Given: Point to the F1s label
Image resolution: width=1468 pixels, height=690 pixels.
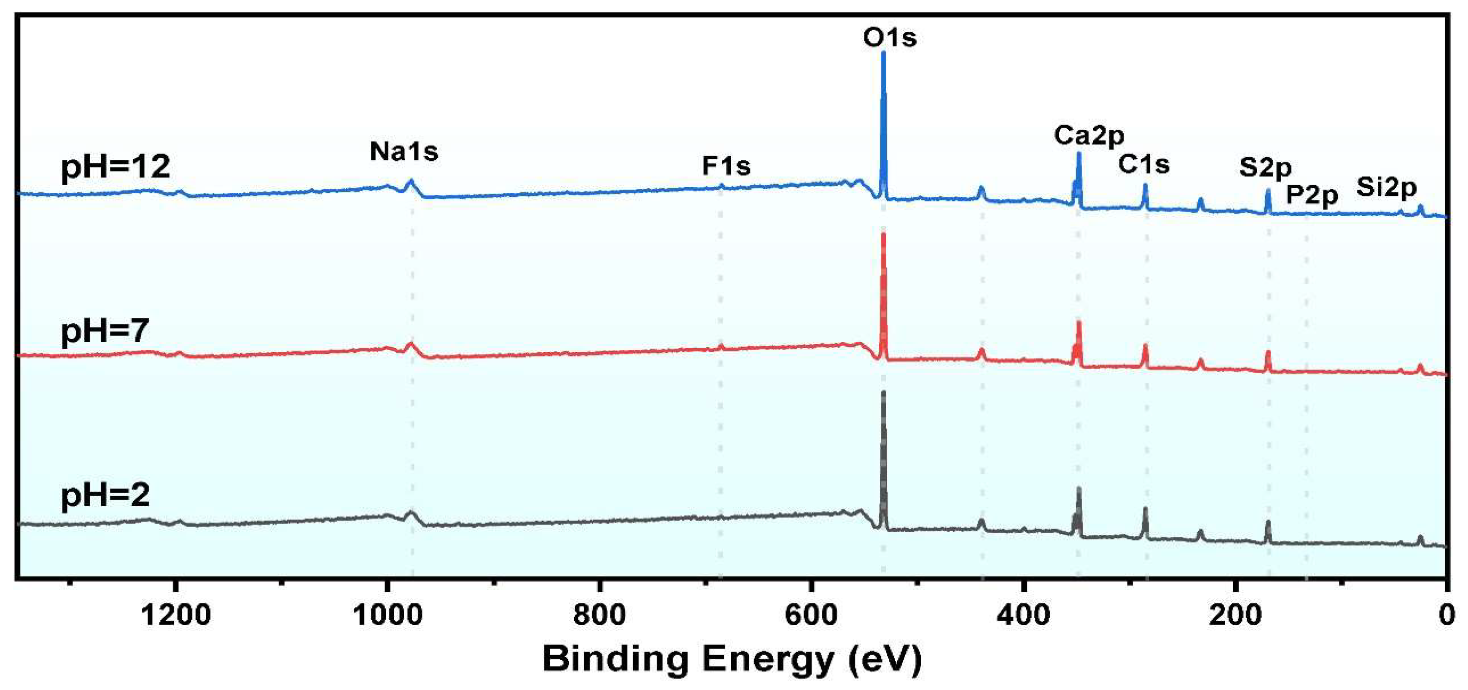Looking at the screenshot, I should click(725, 166).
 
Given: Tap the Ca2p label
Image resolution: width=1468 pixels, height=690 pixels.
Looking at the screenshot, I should click(1089, 136).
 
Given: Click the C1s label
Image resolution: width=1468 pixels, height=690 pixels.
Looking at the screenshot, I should click(1143, 165).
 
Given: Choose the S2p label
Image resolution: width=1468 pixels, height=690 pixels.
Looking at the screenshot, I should click(1265, 167).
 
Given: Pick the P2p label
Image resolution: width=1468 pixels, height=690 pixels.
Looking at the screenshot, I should click(1312, 196).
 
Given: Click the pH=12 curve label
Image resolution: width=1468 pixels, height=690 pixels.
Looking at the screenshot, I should click(115, 167).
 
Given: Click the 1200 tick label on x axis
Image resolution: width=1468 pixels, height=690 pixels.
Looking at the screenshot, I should click(175, 615).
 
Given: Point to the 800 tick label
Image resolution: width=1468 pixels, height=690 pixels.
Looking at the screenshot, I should click(599, 615).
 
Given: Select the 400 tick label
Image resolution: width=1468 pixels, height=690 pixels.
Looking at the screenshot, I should click(1023, 615).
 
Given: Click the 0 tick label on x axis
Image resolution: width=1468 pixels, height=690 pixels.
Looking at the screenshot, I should click(1446, 615).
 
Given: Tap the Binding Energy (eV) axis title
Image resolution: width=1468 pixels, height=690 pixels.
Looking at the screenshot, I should click(732, 659).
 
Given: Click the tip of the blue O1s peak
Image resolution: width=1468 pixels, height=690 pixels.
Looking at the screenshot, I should click(883, 53).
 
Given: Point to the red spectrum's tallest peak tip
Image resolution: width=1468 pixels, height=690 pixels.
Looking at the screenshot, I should click(883, 234).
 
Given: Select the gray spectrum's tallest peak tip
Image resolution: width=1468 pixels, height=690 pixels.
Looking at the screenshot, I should click(883, 392).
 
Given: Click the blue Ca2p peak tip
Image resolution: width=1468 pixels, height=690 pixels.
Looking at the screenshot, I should click(1079, 153).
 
